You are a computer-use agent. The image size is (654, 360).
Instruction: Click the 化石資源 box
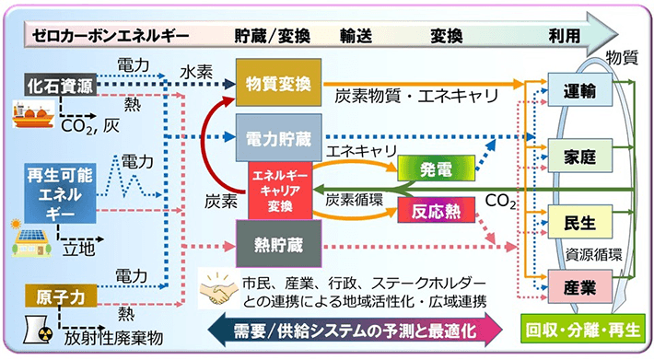(x=61, y=87)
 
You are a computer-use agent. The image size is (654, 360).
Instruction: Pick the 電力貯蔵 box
(x=276, y=138)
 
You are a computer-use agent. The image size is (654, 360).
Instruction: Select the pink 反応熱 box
(x=436, y=212)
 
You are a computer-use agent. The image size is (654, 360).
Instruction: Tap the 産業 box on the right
(x=578, y=286)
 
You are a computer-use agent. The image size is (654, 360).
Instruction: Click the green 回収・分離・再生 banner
(x=584, y=329)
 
